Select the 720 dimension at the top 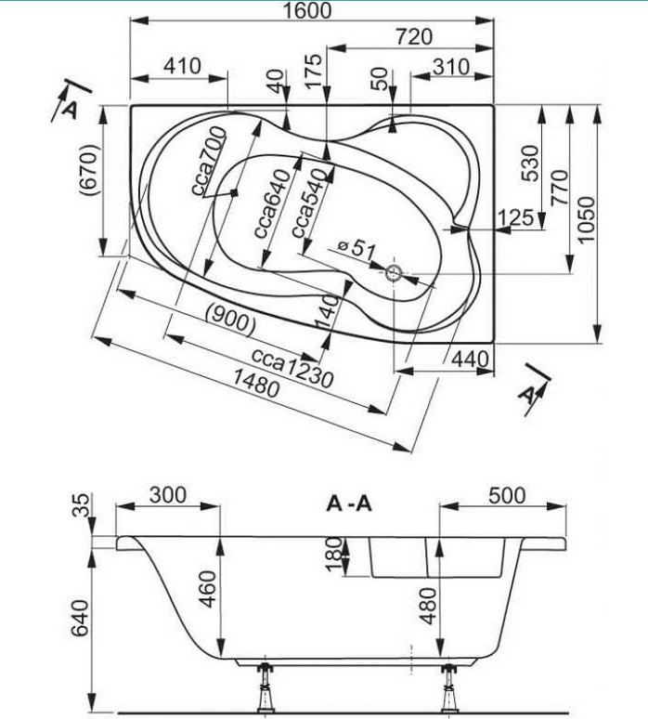413,37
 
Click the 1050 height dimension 585,220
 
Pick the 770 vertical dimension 558,193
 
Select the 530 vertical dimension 530,162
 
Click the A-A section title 349,504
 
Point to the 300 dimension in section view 167,494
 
